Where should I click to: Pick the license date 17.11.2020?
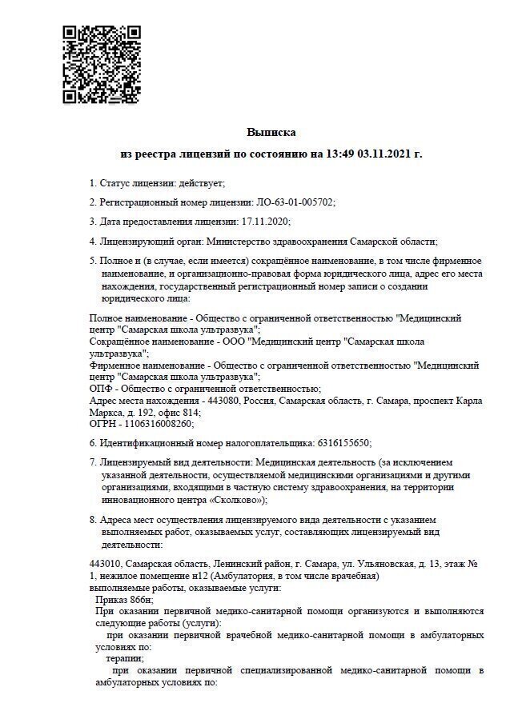click(x=265, y=222)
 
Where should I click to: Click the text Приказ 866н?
click(x=124, y=599)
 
